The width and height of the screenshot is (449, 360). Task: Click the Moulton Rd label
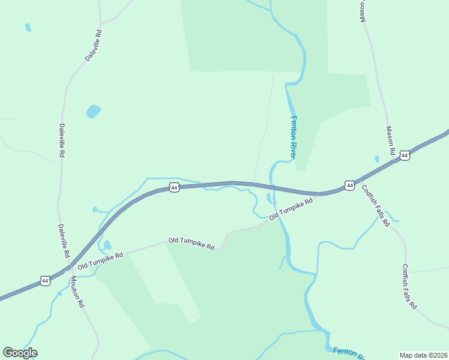coord(77,292)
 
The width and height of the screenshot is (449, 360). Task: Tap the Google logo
coord(20,352)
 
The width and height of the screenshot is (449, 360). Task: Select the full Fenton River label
coord(294,137)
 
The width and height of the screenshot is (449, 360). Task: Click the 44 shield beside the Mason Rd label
coord(405,155)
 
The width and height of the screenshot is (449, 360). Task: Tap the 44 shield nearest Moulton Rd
coord(45,280)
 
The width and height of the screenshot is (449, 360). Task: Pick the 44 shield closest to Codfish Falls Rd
coord(349,185)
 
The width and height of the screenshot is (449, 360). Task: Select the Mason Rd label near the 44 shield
coord(391,142)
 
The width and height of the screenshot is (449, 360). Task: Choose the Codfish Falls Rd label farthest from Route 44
coord(409,286)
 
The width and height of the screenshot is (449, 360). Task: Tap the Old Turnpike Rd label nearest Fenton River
coord(291,209)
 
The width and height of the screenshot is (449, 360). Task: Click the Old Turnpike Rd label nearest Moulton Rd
coord(100,260)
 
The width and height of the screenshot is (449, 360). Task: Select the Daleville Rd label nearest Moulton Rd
coord(64,241)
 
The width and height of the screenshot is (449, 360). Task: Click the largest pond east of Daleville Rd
coord(93,112)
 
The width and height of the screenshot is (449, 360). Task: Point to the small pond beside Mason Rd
coord(376,159)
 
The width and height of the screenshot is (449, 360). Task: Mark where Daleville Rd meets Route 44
coord(70,266)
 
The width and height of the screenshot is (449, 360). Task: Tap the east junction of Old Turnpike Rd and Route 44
coord(318,194)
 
